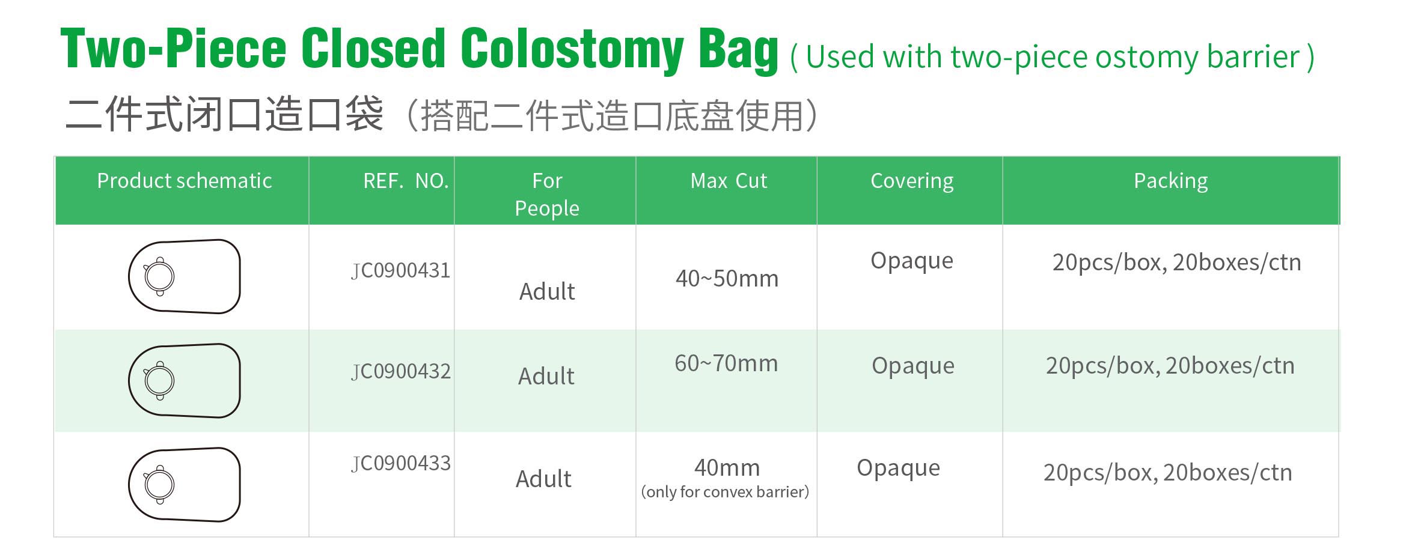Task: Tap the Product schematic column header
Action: tap(185, 181)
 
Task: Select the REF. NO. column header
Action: tap(406, 181)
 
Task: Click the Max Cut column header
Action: tap(729, 181)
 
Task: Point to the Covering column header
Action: tap(912, 181)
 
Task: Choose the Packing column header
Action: tap(1171, 181)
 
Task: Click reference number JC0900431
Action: tap(401, 271)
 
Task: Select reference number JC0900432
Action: tap(401, 372)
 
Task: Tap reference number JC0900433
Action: tap(401, 464)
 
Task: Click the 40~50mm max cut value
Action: tap(727, 279)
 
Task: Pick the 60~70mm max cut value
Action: tap(726, 363)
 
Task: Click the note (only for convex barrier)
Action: tap(725, 492)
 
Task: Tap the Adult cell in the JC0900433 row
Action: tap(543, 479)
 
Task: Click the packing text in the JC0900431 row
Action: tap(1176, 263)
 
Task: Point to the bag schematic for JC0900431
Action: tap(185, 276)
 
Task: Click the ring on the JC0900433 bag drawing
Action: tap(159, 485)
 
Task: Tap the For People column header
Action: tap(547, 194)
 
